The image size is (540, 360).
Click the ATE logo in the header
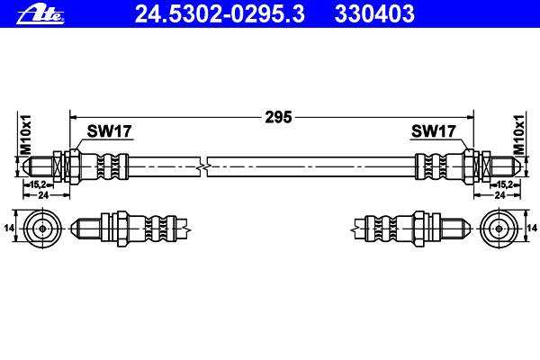coord(40,14)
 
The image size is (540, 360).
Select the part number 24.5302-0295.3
coord(220,14)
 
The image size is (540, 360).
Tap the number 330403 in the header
coord(374,14)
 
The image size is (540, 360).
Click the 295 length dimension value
coord(278,117)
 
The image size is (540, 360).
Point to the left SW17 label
coord(109,131)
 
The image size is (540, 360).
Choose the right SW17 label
coord(434,131)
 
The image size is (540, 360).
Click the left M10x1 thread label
coord(26,135)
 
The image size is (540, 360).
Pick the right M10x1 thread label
coord(518,135)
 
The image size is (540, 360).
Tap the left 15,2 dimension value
coord(38,184)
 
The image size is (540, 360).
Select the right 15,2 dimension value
coord(505,184)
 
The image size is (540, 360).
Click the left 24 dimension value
coord(43,195)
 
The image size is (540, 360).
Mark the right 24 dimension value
coord(499,195)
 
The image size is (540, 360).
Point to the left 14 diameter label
coord(9,228)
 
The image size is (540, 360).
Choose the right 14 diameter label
coord(532,228)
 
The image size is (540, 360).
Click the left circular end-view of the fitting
coord(42,229)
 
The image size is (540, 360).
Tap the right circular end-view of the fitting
coord(499,229)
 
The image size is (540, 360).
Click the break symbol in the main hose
coord(203,167)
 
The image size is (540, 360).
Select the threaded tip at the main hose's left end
coord(37,166)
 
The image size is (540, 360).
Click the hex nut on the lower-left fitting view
coord(122,229)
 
